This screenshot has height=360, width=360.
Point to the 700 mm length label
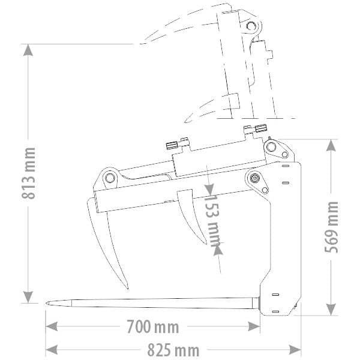[x=152, y=327]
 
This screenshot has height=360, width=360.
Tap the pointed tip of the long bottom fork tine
[x=47, y=303]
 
